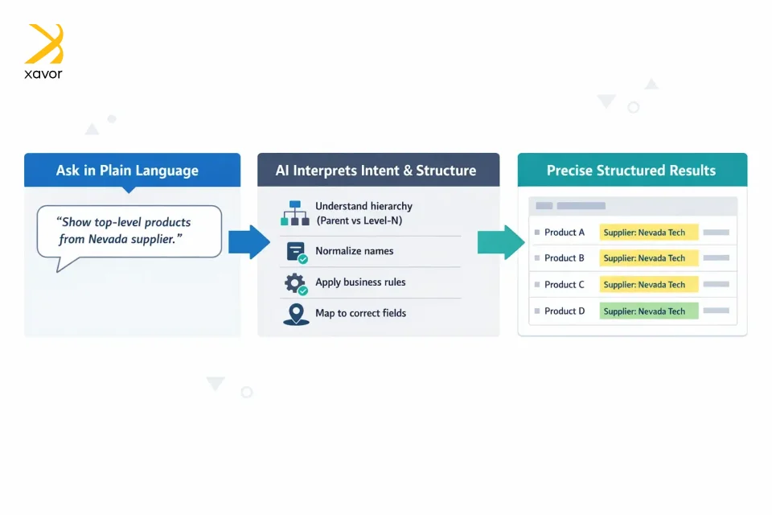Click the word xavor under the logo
point(43,74)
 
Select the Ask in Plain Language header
point(127,171)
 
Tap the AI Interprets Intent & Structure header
point(376,171)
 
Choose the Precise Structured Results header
point(631,171)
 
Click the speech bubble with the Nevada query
point(129,231)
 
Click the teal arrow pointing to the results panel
point(501,241)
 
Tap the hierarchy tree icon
point(294,212)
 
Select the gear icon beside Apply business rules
point(296,283)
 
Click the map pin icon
point(295,313)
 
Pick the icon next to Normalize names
point(296,252)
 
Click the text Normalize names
point(354,251)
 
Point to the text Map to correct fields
point(360,313)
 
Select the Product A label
point(565,233)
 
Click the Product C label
point(565,285)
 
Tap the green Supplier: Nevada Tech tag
point(648,311)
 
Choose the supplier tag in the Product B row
point(648,258)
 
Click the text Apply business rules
point(360,282)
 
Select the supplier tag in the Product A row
point(648,233)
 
